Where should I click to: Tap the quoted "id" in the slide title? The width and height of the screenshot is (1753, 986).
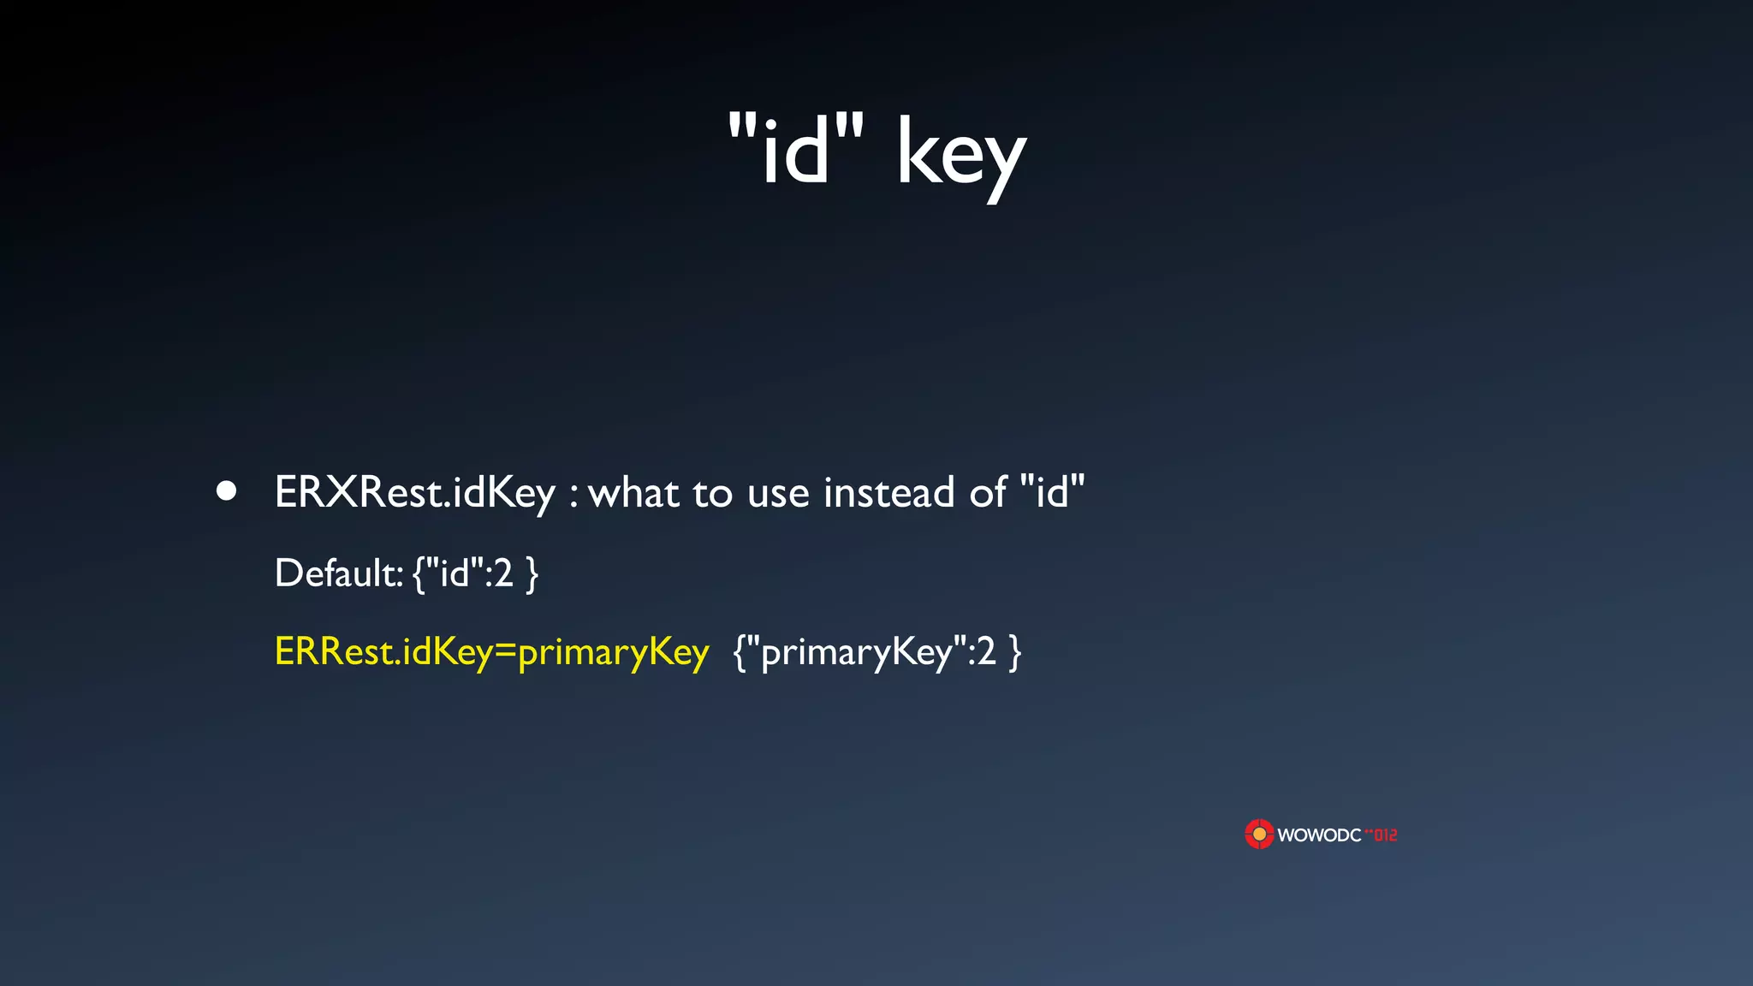click(796, 149)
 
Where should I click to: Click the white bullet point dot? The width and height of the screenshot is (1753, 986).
click(226, 491)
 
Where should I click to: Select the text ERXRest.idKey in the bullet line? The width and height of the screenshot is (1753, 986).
click(415, 493)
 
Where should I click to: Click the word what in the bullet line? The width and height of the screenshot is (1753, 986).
click(634, 493)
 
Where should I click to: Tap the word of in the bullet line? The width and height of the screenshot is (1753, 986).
click(988, 492)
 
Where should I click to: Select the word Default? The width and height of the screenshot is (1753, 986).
click(338, 573)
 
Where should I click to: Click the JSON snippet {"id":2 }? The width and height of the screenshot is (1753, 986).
click(476, 573)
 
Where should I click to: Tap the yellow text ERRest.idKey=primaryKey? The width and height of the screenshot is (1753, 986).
click(491, 652)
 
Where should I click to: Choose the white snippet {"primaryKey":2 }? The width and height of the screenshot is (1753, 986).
click(877, 652)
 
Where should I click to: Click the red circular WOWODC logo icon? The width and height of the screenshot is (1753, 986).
click(1259, 834)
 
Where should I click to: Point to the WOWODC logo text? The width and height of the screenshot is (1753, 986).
click(1319, 835)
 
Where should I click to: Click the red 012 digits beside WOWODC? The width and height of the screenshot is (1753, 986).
click(1384, 835)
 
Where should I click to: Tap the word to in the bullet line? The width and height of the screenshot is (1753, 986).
click(713, 493)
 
